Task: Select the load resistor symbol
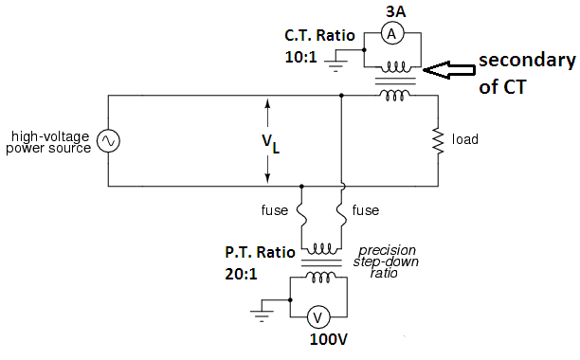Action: point(438,140)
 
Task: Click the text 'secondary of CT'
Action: point(526,71)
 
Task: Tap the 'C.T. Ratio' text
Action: point(319,36)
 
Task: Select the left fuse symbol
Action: point(300,207)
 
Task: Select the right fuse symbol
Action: point(339,207)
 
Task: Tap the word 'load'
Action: point(465,140)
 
